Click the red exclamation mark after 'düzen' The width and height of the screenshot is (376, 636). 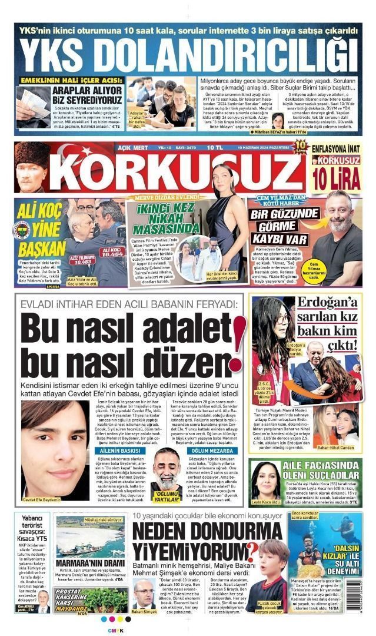(x=238, y=342)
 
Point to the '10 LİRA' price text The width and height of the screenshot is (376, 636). (x=336, y=177)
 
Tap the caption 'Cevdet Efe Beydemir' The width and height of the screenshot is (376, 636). (x=41, y=499)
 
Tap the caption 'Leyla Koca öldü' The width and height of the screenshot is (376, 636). (x=266, y=502)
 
